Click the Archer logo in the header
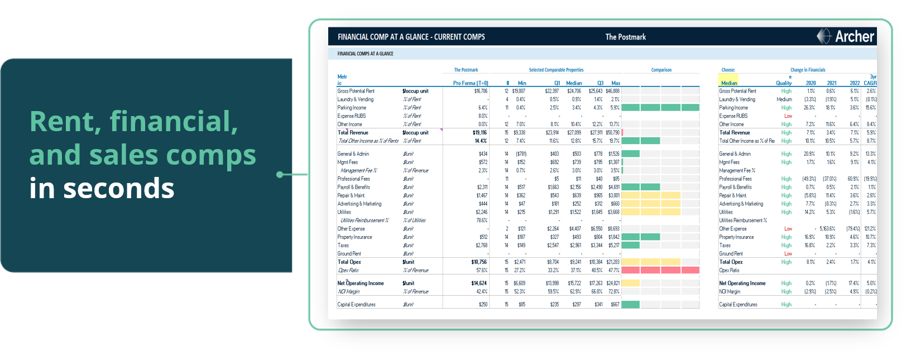[845, 37]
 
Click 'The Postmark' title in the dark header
[625, 37]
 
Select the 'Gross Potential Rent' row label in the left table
[356, 91]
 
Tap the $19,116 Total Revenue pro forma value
[480, 133]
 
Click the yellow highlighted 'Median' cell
[729, 83]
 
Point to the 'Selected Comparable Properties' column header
[556, 70]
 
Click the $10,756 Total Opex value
[479, 262]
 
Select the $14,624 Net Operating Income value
[479, 283]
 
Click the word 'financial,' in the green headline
[174, 122]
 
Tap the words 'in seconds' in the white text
[102, 189]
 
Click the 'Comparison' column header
[661, 70]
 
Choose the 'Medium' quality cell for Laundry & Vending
[784, 99]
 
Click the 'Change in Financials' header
[807, 70]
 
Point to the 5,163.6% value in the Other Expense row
[827, 229]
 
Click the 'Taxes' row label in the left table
[343, 246]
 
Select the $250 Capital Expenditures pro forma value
[483, 305]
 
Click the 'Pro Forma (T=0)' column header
[470, 83]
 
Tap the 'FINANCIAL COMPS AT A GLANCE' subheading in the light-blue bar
[365, 54]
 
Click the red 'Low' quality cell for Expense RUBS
[788, 116]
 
